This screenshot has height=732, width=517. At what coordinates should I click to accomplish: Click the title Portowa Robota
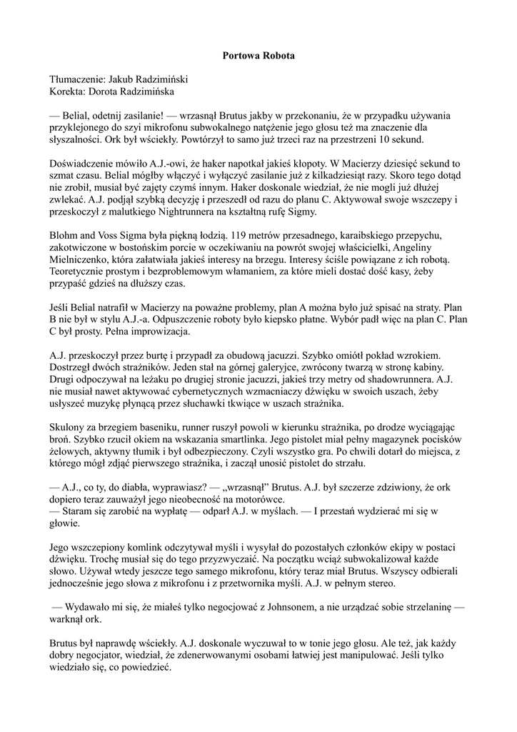coord(258,55)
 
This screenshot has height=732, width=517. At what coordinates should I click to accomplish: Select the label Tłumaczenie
coord(77,79)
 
